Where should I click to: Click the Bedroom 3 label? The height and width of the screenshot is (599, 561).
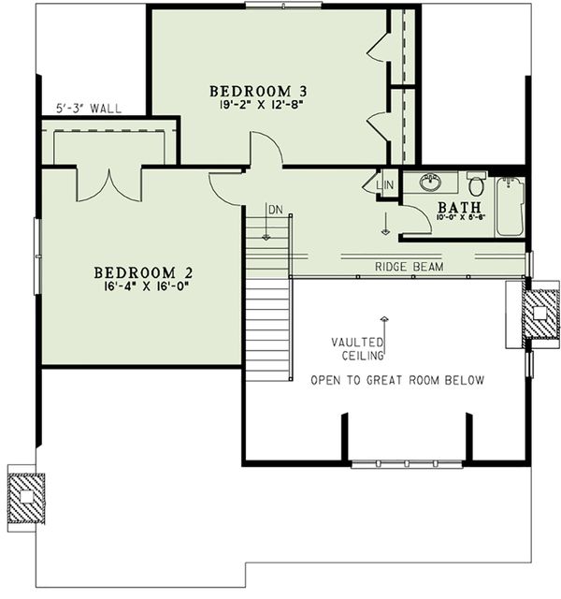pyautogui.click(x=258, y=92)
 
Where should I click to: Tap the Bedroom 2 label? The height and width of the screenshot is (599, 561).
pyautogui.click(x=143, y=272)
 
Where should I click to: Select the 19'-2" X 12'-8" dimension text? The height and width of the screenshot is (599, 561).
pyautogui.click(x=258, y=105)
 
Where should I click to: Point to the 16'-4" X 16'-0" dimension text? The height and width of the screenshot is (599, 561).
pyautogui.click(x=146, y=286)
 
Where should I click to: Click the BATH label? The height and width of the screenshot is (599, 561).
pyautogui.click(x=459, y=207)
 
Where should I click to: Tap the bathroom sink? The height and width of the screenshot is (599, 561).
pyautogui.click(x=430, y=182)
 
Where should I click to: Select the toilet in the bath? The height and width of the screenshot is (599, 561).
pyautogui.click(x=476, y=183)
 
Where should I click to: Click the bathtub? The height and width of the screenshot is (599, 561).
pyautogui.click(x=510, y=206)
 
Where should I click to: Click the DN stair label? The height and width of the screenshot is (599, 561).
pyautogui.click(x=276, y=210)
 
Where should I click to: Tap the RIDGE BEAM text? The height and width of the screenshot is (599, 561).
pyautogui.click(x=410, y=267)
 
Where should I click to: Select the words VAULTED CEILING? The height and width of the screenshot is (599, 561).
pyautogui.click(x=357, y=349)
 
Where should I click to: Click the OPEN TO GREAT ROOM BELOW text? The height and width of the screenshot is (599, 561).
pyautogui.click(x=397, y=380)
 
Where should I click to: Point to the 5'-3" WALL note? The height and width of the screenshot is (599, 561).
pyautogui.click(x=89, y=109)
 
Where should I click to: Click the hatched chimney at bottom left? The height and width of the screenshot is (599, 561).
pyautogui.click(x=27, y=498)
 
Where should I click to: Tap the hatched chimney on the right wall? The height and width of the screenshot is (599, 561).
pyautogui.click(x=539, y=314)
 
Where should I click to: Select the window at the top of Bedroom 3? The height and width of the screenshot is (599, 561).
pyautogui.click(x=283, y=5)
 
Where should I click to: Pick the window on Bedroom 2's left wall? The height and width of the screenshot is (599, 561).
pyautogui.click(x=37, y=256)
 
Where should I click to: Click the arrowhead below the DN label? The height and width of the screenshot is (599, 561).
pyautogui.click(x=266, y=238)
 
